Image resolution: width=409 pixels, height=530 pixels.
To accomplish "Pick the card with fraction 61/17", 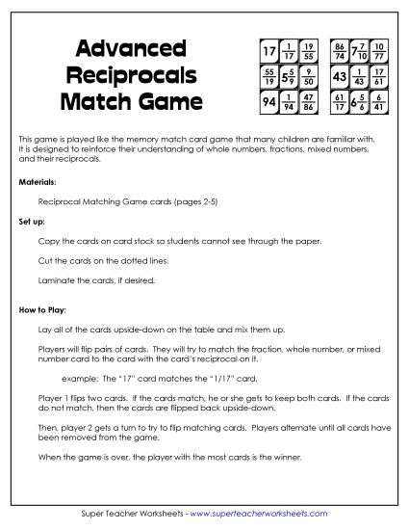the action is pyautogui.click(x=339, y=99).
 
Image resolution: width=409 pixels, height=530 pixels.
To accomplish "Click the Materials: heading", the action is pyautogui.click(x=37, y=180).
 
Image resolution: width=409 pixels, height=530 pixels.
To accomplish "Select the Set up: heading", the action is pyautogui.click(x=32, y=221).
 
